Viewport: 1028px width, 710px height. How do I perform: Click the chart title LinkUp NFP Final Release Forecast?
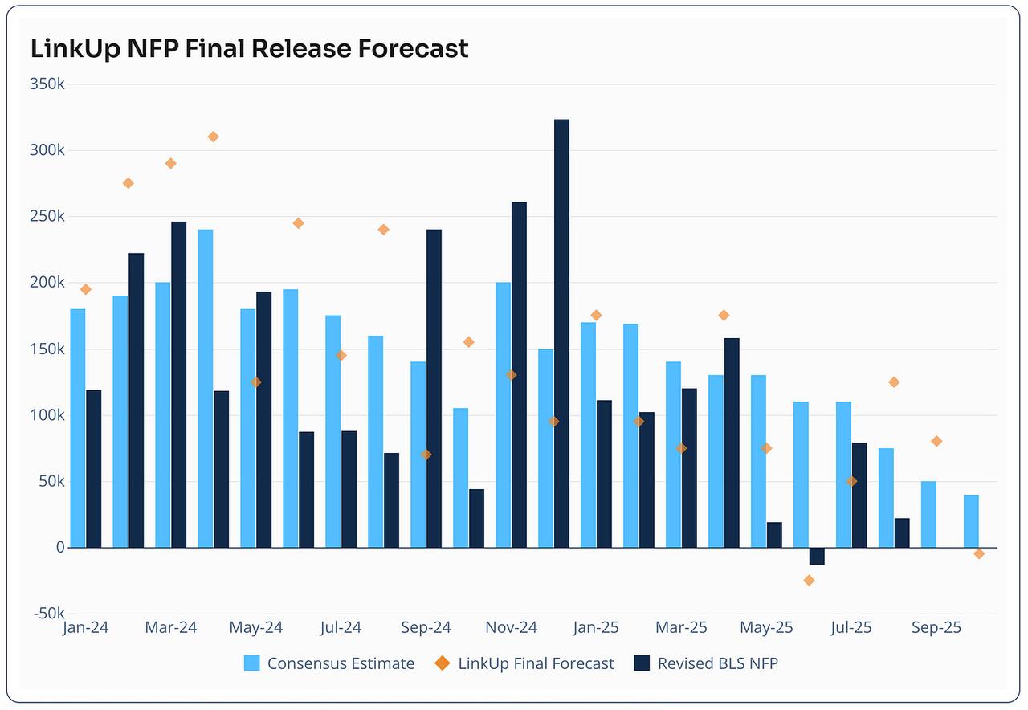[x=249, y=48]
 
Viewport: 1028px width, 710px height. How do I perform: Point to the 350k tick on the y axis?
[x=46, y=84]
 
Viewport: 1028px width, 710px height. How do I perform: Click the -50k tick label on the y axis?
[x=46, y=614]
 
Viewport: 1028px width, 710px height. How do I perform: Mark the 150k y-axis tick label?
[x=46, y=349]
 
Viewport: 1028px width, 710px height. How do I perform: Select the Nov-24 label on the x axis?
[x=512, y=627]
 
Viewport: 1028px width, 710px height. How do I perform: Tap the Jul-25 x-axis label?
[x=851, y=627]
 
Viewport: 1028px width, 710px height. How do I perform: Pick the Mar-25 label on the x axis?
[x=681, y=627]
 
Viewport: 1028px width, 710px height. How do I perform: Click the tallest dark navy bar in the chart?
[x=561, y=333]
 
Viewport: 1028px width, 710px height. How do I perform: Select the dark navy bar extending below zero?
[x=817, y=556]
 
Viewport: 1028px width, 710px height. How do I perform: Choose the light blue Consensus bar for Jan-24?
[x=78, y=428]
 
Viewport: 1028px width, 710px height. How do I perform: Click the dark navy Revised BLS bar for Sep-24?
[x=434, y=389]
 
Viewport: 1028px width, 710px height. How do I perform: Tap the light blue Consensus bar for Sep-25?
[x=928, y=514]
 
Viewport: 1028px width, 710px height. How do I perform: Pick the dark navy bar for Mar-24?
[x=178, y=385]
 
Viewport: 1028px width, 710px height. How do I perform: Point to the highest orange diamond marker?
[x=213, y=137]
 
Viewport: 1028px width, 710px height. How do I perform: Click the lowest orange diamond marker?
[x=809, y=580]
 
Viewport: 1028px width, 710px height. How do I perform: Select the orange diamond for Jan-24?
[x=86, y=289]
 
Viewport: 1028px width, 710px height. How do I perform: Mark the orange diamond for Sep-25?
[x=936, y=441]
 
